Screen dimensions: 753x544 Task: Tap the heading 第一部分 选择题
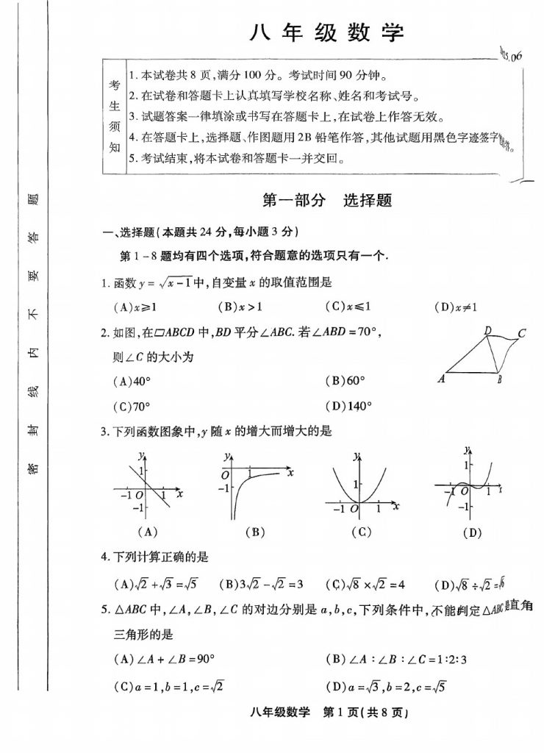coord(327,201)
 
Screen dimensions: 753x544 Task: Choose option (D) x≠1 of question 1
coord(457,307)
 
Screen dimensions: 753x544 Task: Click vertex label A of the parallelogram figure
coord(442,379)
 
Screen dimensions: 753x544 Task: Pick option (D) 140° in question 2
coord(348,405)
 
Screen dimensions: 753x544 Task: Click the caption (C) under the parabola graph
coord(360,532)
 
